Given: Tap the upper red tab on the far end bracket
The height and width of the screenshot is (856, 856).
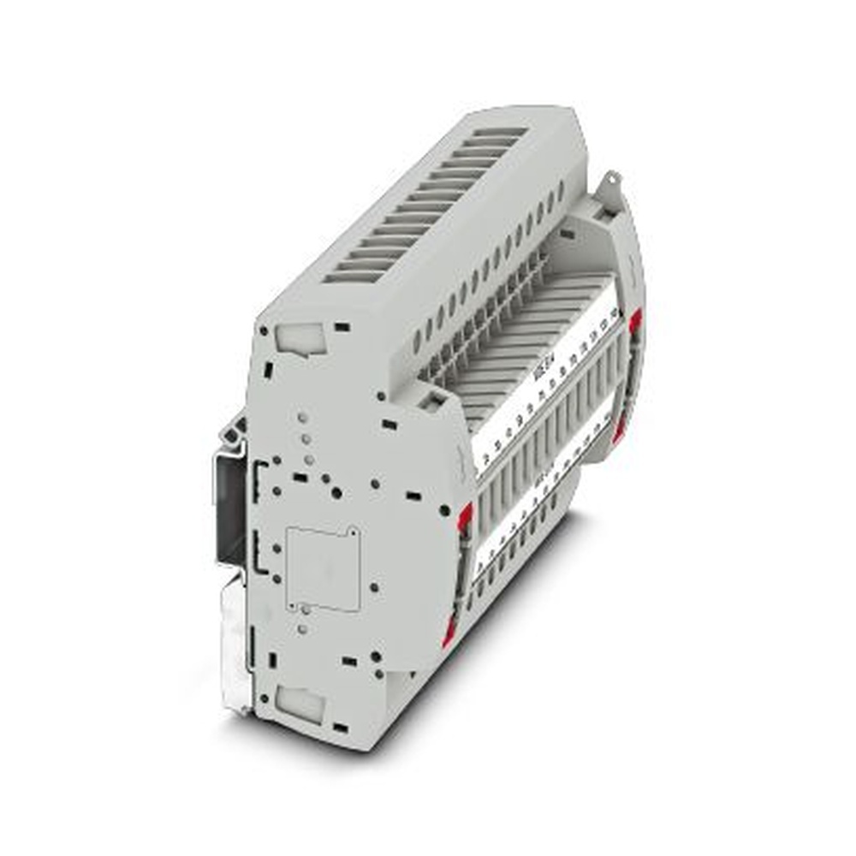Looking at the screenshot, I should click(635, 324).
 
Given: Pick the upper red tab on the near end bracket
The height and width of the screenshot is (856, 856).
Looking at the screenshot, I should click(466, 515).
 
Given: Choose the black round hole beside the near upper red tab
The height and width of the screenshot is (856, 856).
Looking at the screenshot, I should click(444, 510).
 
